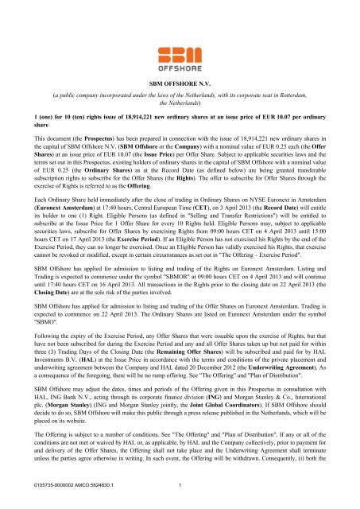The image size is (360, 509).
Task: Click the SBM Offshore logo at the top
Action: pyautogui.click(x=180, y=41)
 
